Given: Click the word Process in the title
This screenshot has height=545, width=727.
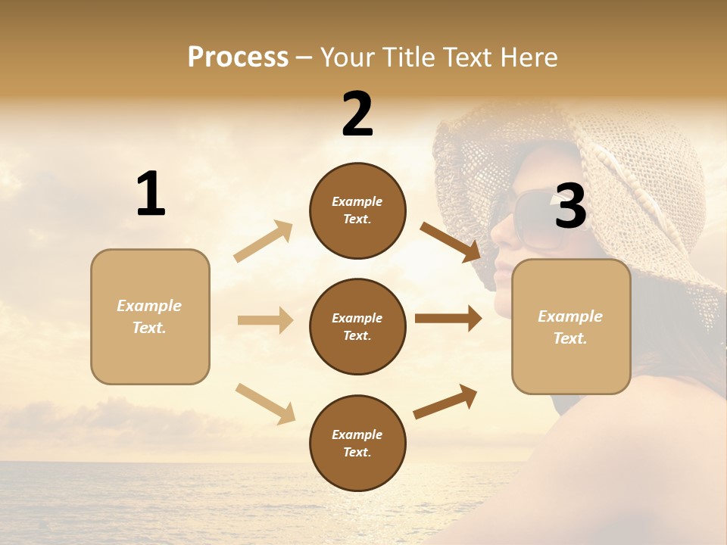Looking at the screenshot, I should click(x=238, y=58).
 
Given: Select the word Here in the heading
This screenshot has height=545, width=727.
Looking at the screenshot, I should click(x=527, y=58).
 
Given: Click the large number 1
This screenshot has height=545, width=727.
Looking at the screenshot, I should click(x=151, y=195).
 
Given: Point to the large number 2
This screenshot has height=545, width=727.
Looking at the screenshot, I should click(x=357, y=114).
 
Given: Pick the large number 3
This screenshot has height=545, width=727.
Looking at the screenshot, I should click(x=570, y=207).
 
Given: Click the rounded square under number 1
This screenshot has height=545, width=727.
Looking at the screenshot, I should click(x=150, y=316).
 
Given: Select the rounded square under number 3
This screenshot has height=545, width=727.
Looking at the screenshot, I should click(x=571, y=327).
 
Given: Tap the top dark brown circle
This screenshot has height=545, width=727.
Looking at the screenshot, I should click(x=357, y=210).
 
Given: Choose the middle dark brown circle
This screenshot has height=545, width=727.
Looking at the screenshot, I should click(x=357, y=326).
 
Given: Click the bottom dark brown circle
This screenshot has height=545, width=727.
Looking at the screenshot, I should click(x=357, y=443).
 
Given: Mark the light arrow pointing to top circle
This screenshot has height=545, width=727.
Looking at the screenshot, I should click(x=264, y=241).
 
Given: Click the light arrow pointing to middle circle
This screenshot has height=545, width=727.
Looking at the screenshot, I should click(x=265, y=320).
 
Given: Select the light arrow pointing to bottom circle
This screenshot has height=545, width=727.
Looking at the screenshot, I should click(x=265, y=403).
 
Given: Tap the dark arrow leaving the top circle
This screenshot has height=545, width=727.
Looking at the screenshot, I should click(x=451, y=241).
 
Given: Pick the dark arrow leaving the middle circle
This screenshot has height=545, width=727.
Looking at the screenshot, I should click(x=448, y=319).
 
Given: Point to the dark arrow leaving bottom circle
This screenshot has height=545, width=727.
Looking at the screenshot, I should click(x=445, y=402).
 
